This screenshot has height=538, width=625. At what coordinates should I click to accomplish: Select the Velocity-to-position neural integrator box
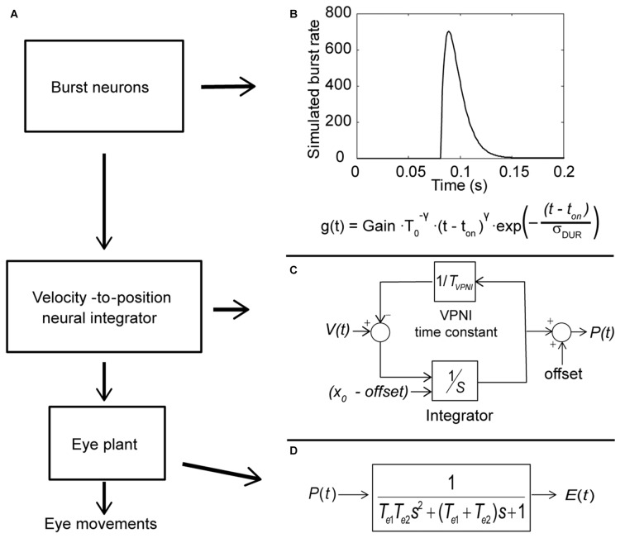pos(110,310)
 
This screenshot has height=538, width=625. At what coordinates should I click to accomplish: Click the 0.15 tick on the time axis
pos(512,170)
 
